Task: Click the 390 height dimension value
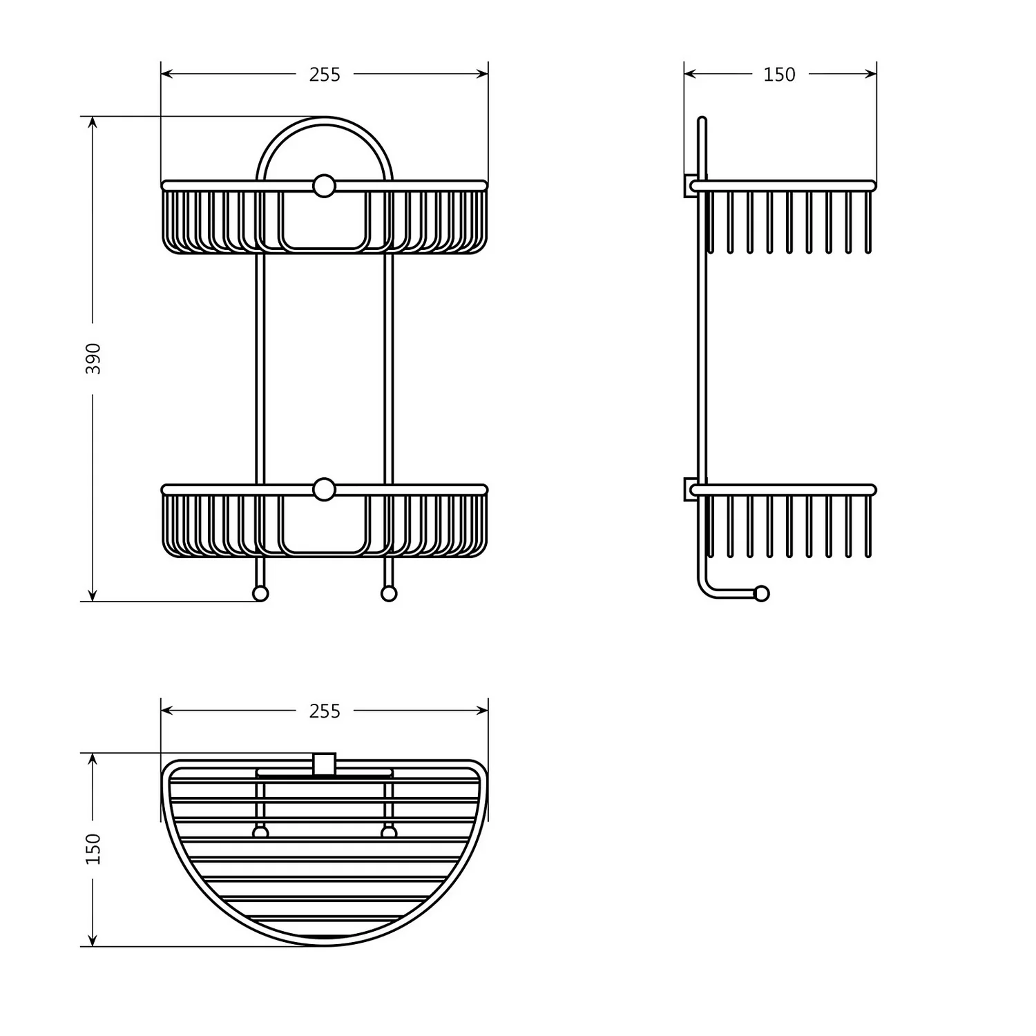[93, 358]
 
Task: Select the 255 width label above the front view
[325, 75]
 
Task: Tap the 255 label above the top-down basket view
[325, 711]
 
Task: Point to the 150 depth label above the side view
[779, 75]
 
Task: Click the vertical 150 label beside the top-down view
[93, 849]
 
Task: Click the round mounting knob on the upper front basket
[324, 186]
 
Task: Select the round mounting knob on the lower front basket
[324, 489]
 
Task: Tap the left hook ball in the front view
[260, 593]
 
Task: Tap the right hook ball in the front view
[389, 593]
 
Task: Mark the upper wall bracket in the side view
[690, 186]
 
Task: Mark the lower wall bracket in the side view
[690, 489]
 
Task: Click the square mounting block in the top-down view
[324, 764]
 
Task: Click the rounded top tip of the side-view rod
[702, 121]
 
